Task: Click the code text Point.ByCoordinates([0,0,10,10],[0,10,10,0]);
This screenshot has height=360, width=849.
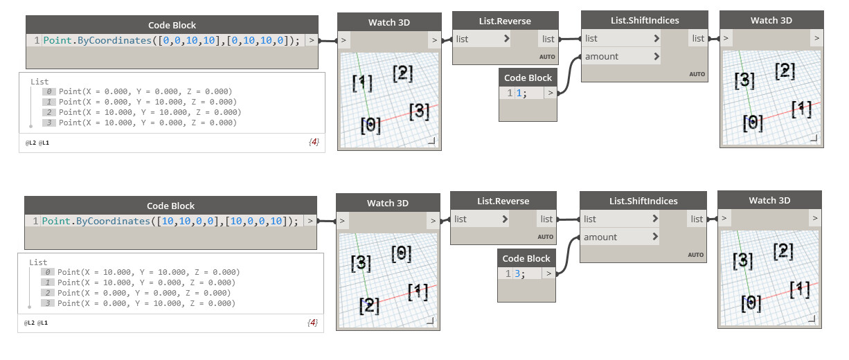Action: click(x=172, y=41)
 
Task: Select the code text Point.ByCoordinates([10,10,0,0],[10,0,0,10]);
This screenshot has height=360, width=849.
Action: click(x=170, y=222)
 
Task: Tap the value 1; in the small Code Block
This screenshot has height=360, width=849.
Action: click(x=521, y=93)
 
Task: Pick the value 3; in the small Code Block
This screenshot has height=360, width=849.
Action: click(x=519, y=273)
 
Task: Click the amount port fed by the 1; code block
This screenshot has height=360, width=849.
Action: click(x=601, y=57)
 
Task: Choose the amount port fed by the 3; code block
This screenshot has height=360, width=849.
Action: click(x=600, y=237)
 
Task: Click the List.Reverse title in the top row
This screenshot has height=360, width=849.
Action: click(x=505, y=21)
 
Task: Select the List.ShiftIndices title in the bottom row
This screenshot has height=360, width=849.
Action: click(x=643, y=201)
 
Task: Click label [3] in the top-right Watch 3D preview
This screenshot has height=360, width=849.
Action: click(x=744, y=81)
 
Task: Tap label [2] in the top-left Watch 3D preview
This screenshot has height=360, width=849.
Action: click(x=403, y=73)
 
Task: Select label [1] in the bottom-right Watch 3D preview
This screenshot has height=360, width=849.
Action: click(x=800, y=289)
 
